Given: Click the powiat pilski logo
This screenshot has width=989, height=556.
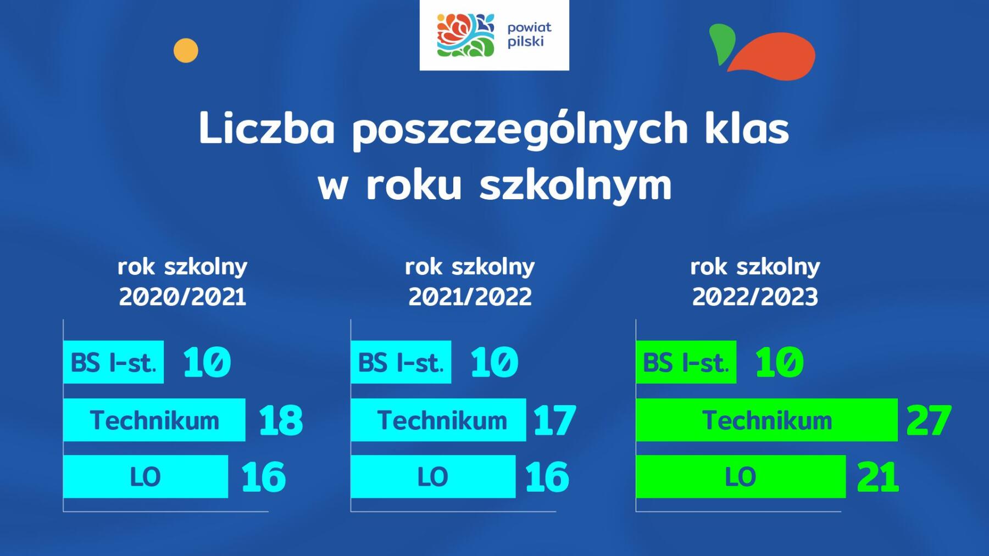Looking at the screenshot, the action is (x=494, y=35).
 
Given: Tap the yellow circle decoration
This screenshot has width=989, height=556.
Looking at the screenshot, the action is (x=186, y=50).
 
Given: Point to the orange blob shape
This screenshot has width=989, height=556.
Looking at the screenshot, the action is (x=772, y=57).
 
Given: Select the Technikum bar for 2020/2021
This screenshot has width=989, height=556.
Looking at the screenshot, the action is (x=154, y=420).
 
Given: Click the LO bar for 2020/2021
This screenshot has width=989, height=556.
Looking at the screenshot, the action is (x=146, y=476).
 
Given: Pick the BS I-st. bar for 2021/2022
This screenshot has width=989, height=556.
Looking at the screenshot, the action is (x=401, y=362).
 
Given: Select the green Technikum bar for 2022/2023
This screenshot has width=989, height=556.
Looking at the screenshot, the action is (x=767, y=420).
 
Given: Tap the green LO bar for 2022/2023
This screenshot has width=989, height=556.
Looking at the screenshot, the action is (x=741, y=476).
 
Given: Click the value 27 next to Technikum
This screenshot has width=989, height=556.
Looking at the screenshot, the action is (x=929, y=420).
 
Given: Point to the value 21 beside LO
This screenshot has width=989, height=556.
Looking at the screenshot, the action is (x=878, y=477).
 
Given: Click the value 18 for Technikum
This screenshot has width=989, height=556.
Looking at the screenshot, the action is (x=281, y=420).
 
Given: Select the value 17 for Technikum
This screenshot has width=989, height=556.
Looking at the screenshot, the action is (x=554, y=420).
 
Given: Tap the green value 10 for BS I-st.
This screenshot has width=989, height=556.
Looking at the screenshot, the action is (x=780, y=362).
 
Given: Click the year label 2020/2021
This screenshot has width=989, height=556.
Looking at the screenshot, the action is (x=182, y=297).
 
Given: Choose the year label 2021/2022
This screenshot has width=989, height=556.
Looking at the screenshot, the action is (x=470, y=297).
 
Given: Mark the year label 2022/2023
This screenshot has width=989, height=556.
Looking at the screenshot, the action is (x=755, y=297).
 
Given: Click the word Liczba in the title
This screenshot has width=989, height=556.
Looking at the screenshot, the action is (x=266, y=130).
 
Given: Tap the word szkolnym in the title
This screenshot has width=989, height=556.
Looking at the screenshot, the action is (x=576, y=184).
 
